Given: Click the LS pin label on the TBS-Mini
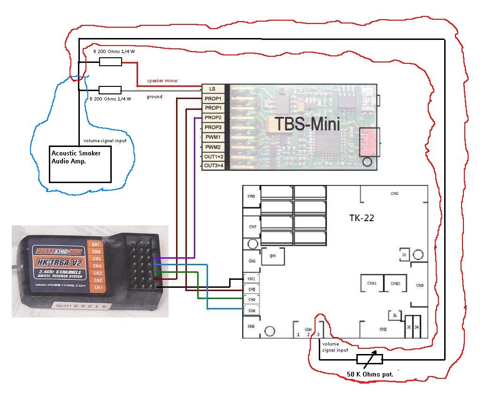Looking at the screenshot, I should pos(212,88).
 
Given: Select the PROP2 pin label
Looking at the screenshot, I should pos(213,117).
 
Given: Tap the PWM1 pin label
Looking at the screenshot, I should pos(213,137).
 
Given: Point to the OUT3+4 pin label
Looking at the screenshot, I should pos(213,166).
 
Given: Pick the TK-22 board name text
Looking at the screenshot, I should pos(362,218).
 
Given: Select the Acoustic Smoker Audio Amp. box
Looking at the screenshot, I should pos(80,164).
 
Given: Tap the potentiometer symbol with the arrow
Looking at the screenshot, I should pos(370,359).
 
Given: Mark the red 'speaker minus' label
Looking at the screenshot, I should pos(162,81).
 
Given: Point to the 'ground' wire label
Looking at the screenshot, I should pos(154,97).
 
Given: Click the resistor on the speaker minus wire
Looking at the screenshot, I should pos(110,62).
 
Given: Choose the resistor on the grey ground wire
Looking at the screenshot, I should pos(110,90).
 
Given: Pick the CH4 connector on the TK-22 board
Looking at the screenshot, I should pos(251,310).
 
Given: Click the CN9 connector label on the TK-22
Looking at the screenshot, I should pos(394,193).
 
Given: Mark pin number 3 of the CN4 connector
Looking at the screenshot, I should pos(319,334).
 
